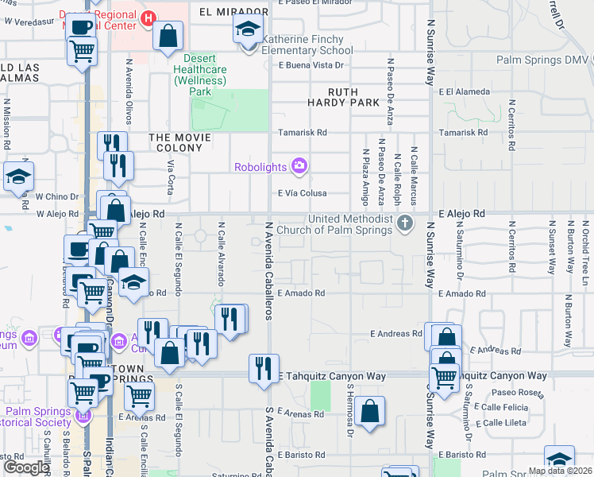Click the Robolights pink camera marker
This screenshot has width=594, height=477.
[299, 166]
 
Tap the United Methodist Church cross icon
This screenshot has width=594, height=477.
[406, 223]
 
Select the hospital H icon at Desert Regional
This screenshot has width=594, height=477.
[148, 17]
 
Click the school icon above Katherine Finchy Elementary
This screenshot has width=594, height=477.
[248, 30]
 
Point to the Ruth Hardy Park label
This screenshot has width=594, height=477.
[343, 97]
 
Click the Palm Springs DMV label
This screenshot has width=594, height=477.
[543, 60]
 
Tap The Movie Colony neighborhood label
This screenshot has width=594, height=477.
[180, 138]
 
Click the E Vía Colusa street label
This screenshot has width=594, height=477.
[302, 193]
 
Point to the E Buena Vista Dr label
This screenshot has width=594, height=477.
[314, 65]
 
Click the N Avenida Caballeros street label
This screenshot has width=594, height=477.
[269, 270]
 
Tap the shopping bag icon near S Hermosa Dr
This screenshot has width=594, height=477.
[370, 411]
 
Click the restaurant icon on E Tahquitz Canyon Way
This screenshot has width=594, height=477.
[260, 367]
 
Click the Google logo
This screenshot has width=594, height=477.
[26, 467]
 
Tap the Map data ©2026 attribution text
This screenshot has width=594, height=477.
[560, 471]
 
